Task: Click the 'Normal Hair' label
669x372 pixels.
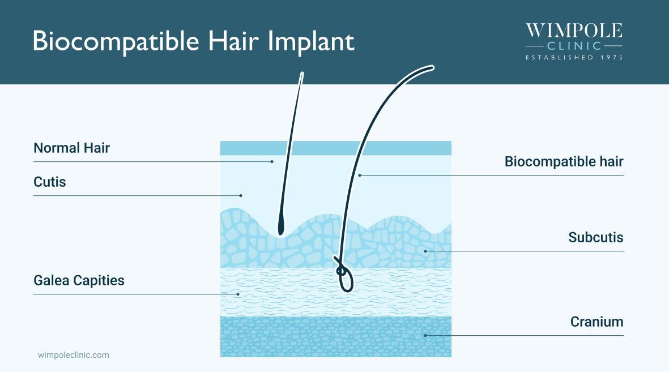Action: click(71, 148)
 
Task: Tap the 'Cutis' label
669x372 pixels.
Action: click(50, 182)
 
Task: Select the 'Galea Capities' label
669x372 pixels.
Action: click(79, 280)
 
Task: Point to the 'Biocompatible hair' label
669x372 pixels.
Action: click(564, 162)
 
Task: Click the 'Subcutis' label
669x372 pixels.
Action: click(595, 237)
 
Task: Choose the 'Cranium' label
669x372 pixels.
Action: click(596, 322)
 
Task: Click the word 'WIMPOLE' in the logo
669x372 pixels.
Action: click(574, 31)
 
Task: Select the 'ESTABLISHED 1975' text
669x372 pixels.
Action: click(574, 57)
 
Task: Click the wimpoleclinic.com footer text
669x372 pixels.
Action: click(73, 355)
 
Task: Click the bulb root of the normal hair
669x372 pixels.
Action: click(280, 228)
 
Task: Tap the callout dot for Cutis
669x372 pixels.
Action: click(241, 196)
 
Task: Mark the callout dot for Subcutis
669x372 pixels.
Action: click(425, 251)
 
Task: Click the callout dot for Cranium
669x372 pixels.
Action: click(425, 335)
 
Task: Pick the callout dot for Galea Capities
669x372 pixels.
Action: click(238, 294)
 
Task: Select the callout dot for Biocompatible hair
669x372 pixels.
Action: click(360, 176)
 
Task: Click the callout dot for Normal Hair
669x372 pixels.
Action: click(272, 162)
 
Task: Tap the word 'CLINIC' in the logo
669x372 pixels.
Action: click(574, 46)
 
